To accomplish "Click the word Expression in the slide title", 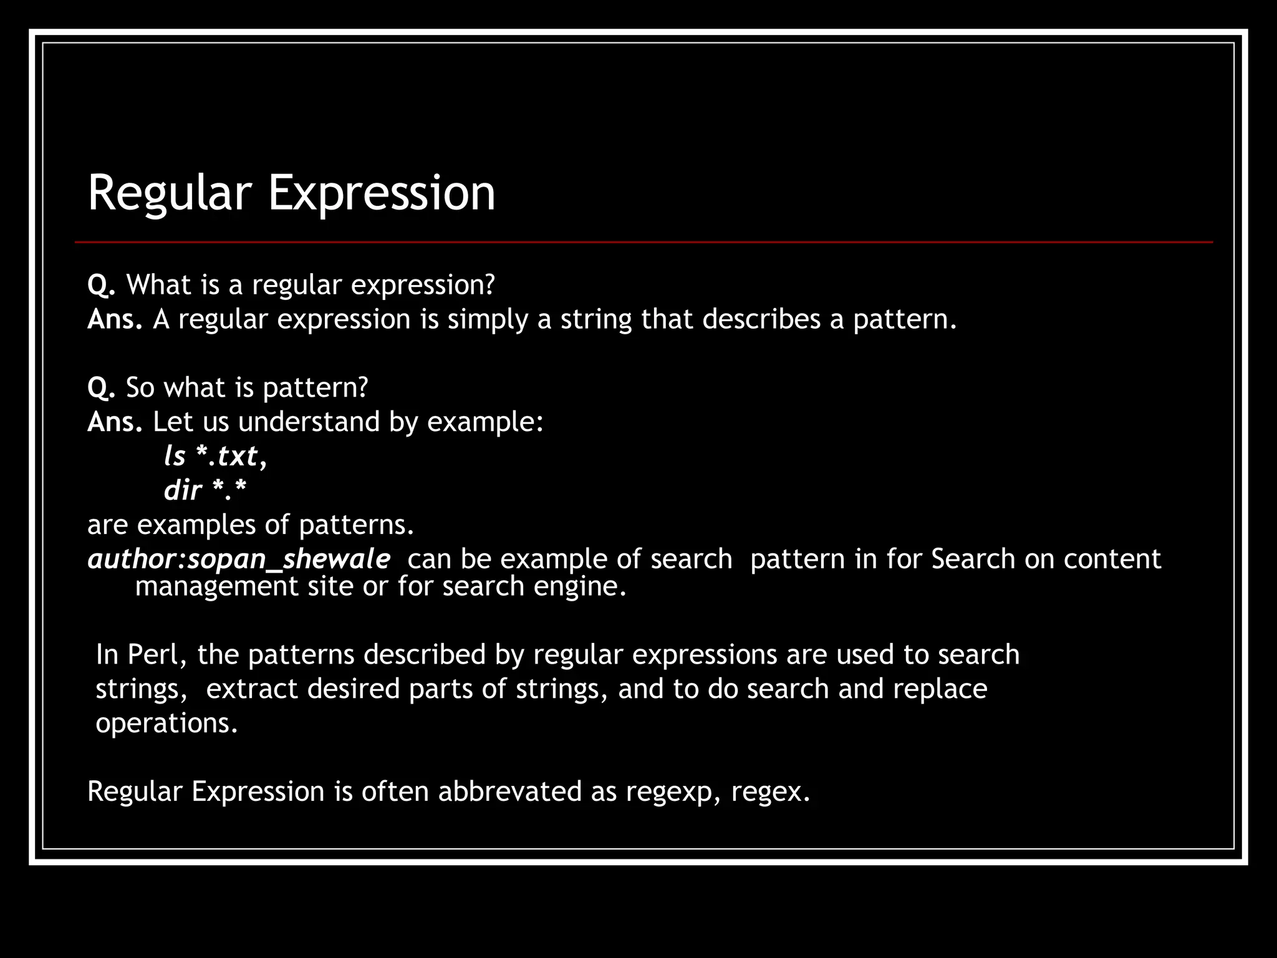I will point(382,193).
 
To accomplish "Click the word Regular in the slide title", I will point(170,193).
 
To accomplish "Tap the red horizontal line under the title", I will point(643,242).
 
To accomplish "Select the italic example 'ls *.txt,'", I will point(215,456).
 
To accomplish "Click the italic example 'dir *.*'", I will point(205,490).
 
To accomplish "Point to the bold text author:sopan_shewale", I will point(239,559).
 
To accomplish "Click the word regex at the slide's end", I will point(770,792).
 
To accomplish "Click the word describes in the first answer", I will point(761,319).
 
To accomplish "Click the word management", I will point(217,587).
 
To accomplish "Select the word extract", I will point(252,689).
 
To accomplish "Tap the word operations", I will point(167,723).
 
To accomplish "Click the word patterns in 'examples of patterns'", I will point(357,525).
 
